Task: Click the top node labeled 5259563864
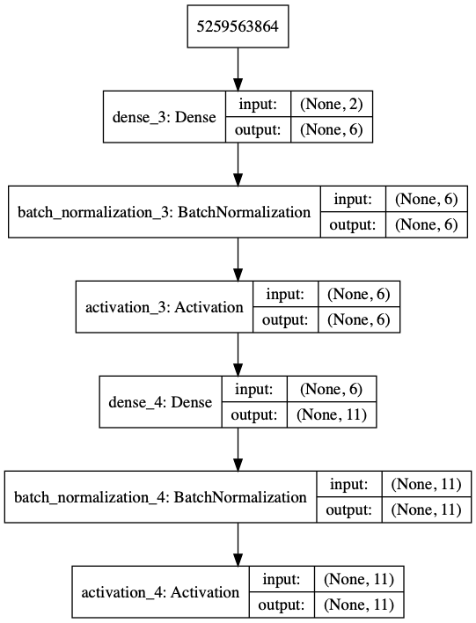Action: pos(238,26)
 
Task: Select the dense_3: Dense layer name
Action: pos(165,117)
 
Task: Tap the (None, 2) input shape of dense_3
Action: pos(332,104)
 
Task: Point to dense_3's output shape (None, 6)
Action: pos(332,130)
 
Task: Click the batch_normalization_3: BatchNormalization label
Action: pos(165,212)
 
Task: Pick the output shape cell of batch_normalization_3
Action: pos(427,225)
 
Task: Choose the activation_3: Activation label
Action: pos(165,307)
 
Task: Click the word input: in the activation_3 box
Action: pos(285,294)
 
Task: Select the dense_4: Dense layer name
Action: pos(160,402)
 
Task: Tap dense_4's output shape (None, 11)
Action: pos(332,414)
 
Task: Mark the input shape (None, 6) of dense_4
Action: pos(332,389)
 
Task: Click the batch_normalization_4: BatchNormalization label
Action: pos(160,497)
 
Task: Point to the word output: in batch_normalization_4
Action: pos(348,510)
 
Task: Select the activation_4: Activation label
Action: pos(160,592)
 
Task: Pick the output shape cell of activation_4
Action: pos(359,605)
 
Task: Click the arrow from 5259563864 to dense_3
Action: pos(238,70)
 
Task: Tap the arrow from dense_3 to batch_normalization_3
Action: pos(238,164)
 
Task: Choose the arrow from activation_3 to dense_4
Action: pos(238,355)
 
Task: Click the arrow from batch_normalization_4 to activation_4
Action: pos(238,545)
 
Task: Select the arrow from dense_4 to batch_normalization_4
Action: pos(238,450)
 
